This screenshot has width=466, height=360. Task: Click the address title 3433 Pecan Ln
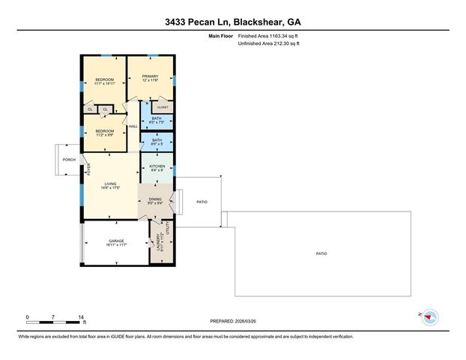pos(232,22)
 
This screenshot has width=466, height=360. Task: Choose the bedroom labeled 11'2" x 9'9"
pos(104,133)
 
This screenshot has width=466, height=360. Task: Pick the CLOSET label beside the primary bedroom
pos(163,108)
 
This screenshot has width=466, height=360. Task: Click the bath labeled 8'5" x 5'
pos(157,141)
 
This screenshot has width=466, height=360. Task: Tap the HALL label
pos(133,126)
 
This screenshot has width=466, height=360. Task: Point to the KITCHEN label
pos(157,167)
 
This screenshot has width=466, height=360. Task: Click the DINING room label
pos(155,199)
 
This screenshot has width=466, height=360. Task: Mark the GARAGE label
pos(116,242)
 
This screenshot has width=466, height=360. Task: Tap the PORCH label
pos(69,160)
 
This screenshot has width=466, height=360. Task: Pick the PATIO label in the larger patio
pos(321,254)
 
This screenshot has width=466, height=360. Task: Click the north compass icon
pos(429,317)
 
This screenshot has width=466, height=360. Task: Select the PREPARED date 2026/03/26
pos(233,320)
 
